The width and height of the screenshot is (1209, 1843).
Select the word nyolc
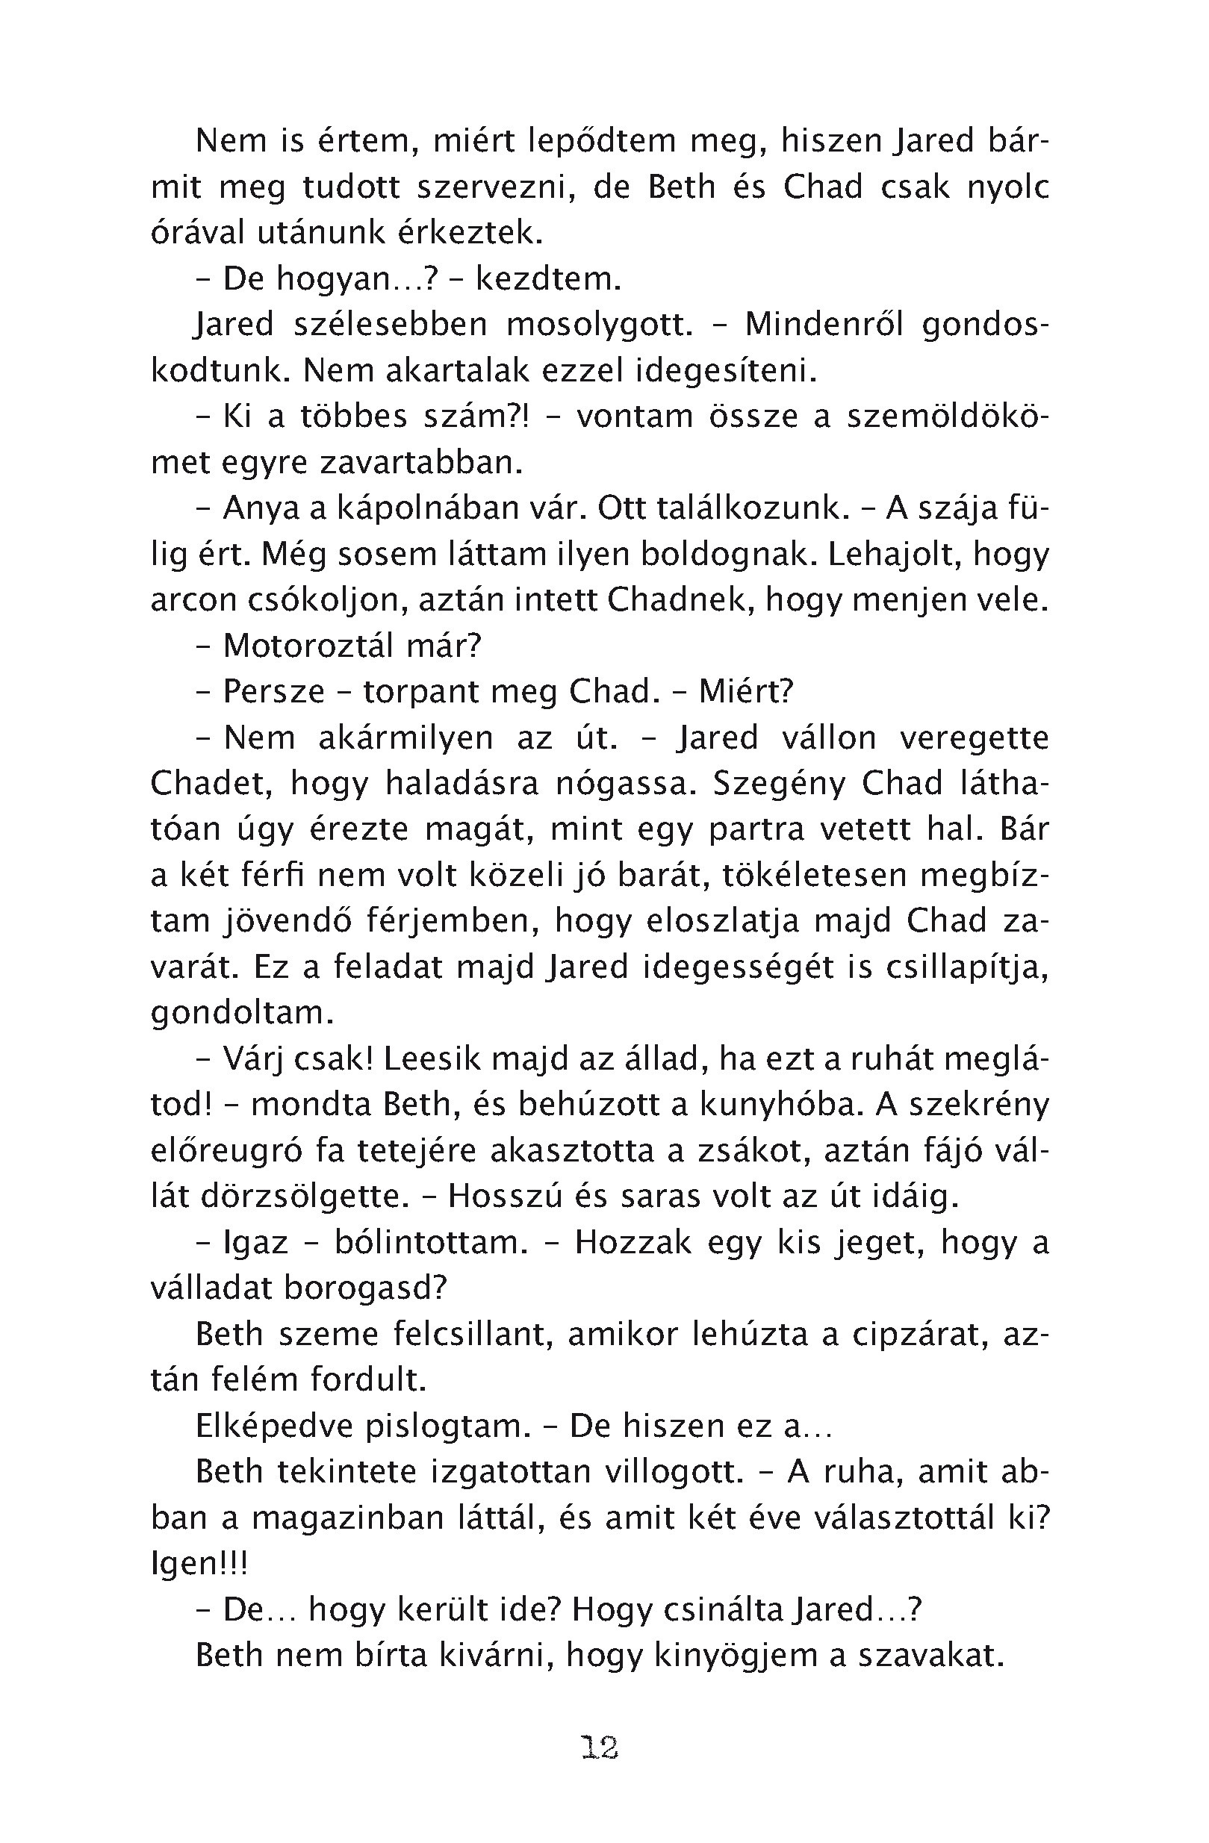pos(1008,188)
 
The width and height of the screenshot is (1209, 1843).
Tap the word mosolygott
pos(600,325)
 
